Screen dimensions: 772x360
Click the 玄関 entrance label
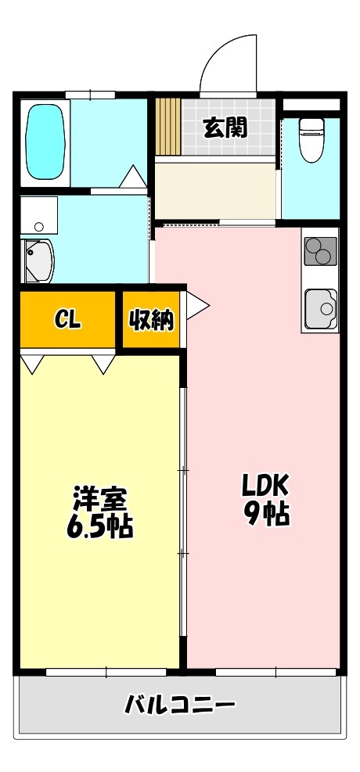pyautogui.click(x=225, y=127)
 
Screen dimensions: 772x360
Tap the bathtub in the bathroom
pyautogui.click(x=46, y=142)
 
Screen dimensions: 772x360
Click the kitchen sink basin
pyautogui.click(x=320, y=309)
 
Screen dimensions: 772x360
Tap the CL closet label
pyautogui.click(x=68, y=319)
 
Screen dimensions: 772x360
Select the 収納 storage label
pyautogui.click(x=151, y=319)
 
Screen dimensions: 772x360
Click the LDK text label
pyautogui.click(x=265, y=486)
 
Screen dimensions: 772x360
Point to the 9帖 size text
pyautogui.click(x=265, y=515)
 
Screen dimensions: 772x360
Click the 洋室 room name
pyautogui.click(x=99, y=498)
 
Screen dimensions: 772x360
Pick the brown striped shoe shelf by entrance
pyautogui.click(x=167, y=126)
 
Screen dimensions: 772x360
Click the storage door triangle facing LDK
pyautogui.click(x=196, y=306)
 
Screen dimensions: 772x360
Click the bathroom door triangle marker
pyautogui.click(x=132, y=175)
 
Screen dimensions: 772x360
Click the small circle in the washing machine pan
pyautogui.click(x=38, y=227)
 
